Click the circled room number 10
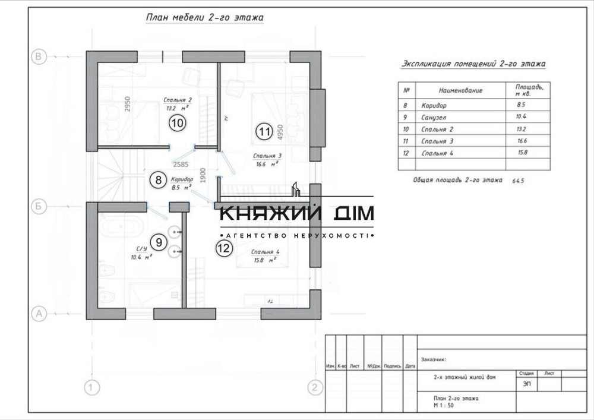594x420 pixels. tap(177, 124)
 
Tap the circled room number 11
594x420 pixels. tap(264, 131)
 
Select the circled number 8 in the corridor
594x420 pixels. tap(157, 179)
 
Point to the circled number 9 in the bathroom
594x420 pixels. tap(157, 242)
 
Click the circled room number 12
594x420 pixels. tap(223, 248)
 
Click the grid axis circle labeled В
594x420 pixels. tap(38, 56)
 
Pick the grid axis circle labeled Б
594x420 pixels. tap(38, 207)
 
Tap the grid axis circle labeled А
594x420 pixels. tap(38, 313)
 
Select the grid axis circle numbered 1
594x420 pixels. tap(90, 389)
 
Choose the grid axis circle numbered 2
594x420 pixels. tap(314, 389)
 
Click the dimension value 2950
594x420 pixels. tap(127, 104)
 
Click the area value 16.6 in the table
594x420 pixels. tap(522, 141)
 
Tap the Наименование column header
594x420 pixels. tap(460, 90)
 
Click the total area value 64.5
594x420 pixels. tap(517, 180)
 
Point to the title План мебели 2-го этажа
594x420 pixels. tap(204, 18)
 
